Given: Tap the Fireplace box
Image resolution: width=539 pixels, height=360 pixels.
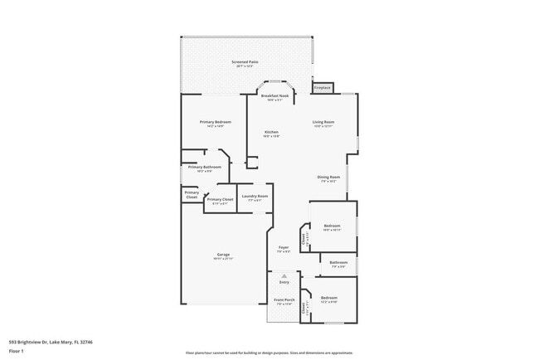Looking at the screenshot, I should (x=322, y=88).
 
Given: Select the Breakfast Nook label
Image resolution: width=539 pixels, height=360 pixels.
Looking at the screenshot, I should (x=274, y=96).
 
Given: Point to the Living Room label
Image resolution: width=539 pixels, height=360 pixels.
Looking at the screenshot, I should (x=323, y=123).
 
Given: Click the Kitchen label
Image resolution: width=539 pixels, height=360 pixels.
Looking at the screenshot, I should (x=271, y=133).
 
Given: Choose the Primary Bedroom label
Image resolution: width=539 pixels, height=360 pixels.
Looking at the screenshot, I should (x=215, y=123).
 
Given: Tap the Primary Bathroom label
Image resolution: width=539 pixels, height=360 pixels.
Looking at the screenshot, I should (x=205, y=167).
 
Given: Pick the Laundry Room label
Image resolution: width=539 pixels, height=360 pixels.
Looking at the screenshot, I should (x=255, y=197).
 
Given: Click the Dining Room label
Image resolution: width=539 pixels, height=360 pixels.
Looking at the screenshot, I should (x=328, y=177).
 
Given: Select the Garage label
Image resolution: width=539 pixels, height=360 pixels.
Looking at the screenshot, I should (x=223, y=255).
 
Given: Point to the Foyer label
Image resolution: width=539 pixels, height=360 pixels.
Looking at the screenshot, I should (x=283, y=247).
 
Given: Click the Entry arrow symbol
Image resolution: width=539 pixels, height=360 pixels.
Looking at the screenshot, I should (x=284, y=275).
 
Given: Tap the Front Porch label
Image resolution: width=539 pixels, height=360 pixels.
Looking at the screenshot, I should (x=284, y=299).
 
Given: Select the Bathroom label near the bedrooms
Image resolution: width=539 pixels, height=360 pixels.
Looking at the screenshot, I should (x=338, y=263).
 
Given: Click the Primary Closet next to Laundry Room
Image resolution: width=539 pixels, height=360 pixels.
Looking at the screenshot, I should (x=220, y=200).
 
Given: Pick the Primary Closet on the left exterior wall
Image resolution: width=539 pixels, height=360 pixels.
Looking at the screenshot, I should (x=191, y=194).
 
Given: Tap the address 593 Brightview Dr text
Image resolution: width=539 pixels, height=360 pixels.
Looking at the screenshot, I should (x=51, y=341).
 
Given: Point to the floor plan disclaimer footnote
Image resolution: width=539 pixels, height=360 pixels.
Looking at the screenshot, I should (x=269, y=353).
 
